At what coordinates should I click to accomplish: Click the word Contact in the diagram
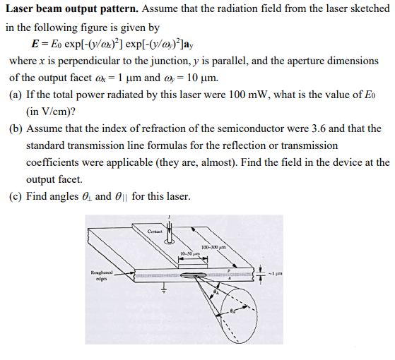pos(155,231)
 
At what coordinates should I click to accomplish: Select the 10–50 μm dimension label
pos(191,253)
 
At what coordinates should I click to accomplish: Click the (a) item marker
pos(16,95)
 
